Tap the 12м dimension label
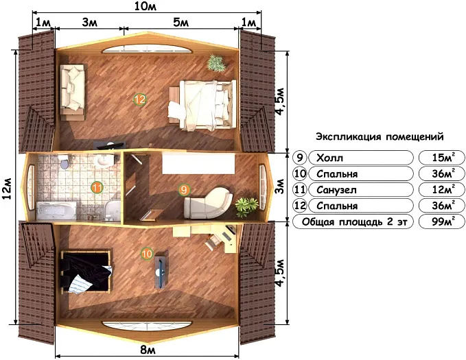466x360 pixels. tap(8, 184)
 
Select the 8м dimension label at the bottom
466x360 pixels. tap(147, 351)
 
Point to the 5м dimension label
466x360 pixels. tap(181, 23)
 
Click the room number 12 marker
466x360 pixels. tap(140, 100)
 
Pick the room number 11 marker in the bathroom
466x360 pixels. tap(97, 187)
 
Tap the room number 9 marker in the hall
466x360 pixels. tap(183, 189)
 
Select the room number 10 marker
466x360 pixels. tap(147, 254)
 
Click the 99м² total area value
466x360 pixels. tap(441, 222)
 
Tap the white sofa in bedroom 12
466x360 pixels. tap(73, 88)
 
